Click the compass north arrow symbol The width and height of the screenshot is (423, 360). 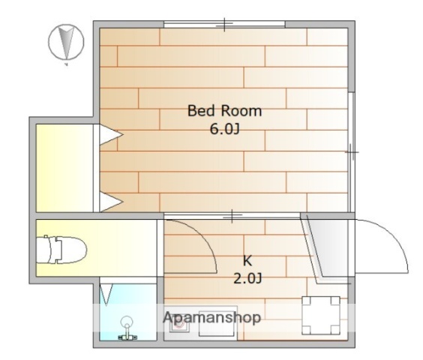click(66, 42)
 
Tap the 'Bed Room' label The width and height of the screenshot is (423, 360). click(224, 111)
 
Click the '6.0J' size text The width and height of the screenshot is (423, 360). click(224, 130)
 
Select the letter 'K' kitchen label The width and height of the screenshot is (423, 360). click(247, 261)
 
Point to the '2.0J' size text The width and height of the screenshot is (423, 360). click(247, 278)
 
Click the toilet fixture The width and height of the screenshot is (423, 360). click(61, 250)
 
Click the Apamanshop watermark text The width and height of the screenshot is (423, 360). click(211, 317)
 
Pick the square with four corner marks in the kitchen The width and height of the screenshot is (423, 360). click(321, 315)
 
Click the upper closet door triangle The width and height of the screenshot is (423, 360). click(111, 134)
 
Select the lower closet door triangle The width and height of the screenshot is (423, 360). click(111, 202)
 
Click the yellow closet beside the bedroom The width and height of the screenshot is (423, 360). click(64, 168)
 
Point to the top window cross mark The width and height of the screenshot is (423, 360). click(224, 24)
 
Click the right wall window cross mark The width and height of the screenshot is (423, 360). click(351, 152)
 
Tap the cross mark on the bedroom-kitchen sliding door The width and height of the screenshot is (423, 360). click(232, 215)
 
